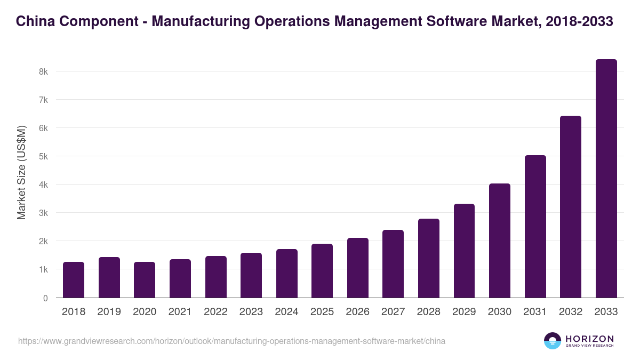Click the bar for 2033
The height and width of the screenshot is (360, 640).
pos(606,179)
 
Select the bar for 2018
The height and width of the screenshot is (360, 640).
pos(74,280)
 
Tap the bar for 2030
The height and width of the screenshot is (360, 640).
pos(499,241)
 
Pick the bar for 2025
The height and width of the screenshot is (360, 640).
pos(322,271)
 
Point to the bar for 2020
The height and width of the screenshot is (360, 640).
pos(145,280)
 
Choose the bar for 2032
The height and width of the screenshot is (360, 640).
pos(571,207)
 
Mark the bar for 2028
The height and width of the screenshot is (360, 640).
pos(428,258)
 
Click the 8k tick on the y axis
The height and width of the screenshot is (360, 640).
pos(43,71)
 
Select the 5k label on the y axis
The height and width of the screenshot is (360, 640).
pos(43,156)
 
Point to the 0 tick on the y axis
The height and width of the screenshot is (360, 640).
pos(45,298)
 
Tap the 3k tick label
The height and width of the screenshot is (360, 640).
pos(43,213)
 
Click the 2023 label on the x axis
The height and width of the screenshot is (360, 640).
pos(251,312)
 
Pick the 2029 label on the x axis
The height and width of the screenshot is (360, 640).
pos(464,312)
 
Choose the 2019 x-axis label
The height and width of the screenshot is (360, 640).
pos(109,312)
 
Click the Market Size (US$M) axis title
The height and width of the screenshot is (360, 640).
pos(21,173)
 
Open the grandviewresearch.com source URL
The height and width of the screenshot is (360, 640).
pos(231,341)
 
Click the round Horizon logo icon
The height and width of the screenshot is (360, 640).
pos(553,341)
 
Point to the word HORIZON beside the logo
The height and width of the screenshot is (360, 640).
pos(589,339)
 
